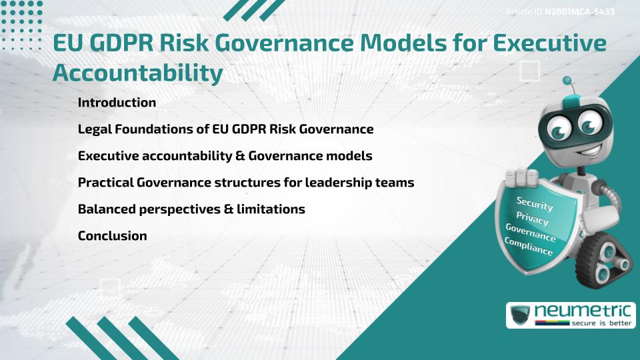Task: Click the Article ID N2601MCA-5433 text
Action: pyautogui.click(x=560, y=12)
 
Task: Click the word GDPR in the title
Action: pyautogui.click(x=123, y=44)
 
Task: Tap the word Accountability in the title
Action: pyautogui.click(x=137, y=73)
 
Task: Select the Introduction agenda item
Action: pyautogui.click(x=117, y=103)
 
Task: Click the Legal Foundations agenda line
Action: pyautogui.click(x=225, y=129)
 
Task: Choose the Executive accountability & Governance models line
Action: pyautogui.click(x=225, y=156)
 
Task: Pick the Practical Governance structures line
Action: pyautogui.click(x=246, y=183)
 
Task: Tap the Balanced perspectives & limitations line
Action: pyautogui.click(x=191, y=209)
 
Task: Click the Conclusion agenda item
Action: pyautogui.click(x=112, y=236)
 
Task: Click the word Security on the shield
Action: pyautogui.click(x=535, y=204)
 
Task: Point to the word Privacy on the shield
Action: pyautogui.click(x=532, y=219)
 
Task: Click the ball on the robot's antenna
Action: pyautogui.click(x=567, y=81)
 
